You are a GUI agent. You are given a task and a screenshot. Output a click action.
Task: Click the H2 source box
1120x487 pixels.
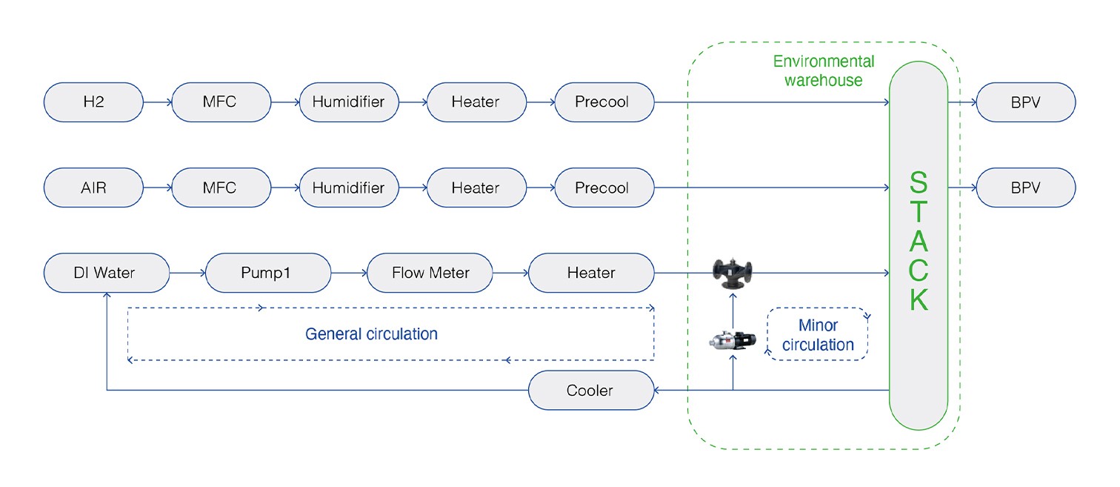click(93, 102)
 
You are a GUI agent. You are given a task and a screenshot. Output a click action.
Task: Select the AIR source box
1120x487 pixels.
click(93, 188)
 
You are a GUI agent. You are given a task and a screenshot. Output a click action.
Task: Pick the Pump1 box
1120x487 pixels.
click(267, 273)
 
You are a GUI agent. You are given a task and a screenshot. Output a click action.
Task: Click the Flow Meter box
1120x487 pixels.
click(430, 273)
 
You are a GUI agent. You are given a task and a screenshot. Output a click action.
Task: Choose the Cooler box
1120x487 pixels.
click(590, 390)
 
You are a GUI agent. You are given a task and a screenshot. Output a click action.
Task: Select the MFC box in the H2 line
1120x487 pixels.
click(220, 102)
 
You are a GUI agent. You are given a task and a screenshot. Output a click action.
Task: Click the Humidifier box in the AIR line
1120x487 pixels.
click(348, 188)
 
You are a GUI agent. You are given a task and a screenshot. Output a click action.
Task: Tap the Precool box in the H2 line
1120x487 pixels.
click(603, 102)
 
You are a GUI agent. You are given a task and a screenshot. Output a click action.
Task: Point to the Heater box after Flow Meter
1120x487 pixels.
click(590, 273)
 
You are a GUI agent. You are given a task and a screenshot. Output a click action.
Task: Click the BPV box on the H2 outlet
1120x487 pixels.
click(1025, 102)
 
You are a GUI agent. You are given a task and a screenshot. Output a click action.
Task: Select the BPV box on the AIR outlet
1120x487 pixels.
click(1025, 188)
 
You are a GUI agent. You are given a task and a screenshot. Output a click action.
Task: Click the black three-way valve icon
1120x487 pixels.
click(732, 273)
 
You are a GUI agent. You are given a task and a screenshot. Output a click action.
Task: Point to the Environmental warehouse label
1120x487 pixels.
click(823, 71)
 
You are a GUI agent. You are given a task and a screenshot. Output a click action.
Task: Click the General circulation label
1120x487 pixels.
click(371, 334)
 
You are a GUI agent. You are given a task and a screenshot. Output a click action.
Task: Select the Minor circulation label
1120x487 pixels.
click(818, 335)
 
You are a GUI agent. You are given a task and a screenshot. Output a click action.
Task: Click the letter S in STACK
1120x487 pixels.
click(919, 183)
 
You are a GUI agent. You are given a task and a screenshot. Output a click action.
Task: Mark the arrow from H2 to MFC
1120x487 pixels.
click(157, 102)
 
